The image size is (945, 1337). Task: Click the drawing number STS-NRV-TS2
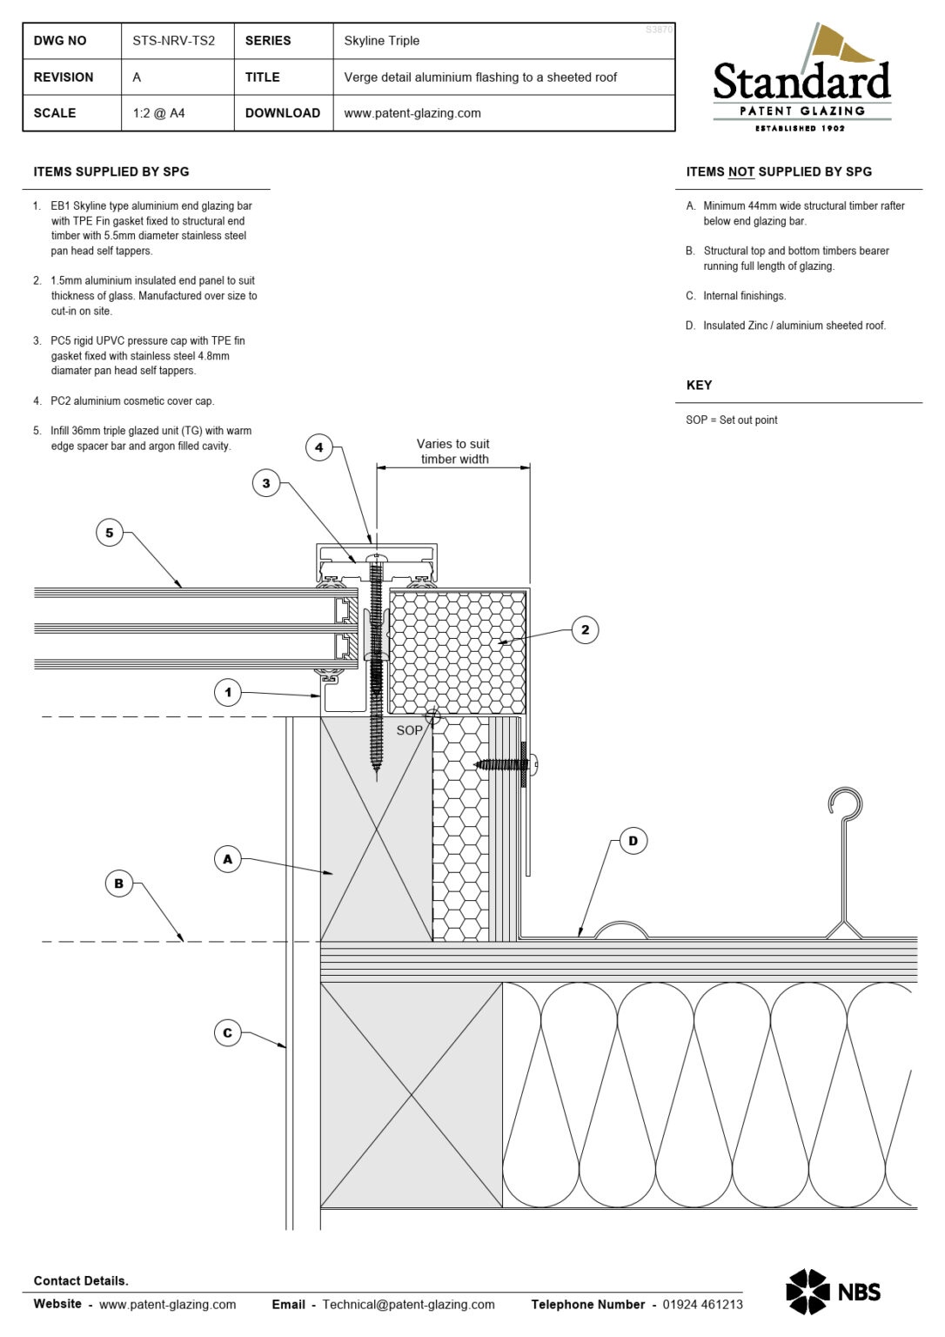(173, 41)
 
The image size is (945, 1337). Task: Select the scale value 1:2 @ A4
(158, 113)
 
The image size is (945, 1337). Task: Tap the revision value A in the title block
(137, 77)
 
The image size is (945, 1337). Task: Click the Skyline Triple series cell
(381, 41)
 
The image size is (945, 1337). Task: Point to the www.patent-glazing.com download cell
(412, 113)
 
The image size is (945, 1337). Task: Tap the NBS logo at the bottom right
(833, 1292)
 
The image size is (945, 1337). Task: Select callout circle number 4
(318, 447)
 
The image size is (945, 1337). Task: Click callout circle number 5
(110, 533)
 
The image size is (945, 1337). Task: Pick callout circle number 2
(585, 629)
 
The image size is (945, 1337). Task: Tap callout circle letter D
(633, 841)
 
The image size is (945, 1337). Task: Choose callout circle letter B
(119, 883)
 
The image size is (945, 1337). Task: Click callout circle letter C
(227, 1033)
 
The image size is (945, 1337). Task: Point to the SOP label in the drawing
(409, 730)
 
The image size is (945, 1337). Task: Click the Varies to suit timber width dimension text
(453, 451)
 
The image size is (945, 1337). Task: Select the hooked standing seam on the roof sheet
(844, 857)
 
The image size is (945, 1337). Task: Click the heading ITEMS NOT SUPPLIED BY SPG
(778, 171)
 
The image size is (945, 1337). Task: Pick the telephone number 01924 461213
(702, 1304)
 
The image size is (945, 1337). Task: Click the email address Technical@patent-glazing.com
(408, 1304)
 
